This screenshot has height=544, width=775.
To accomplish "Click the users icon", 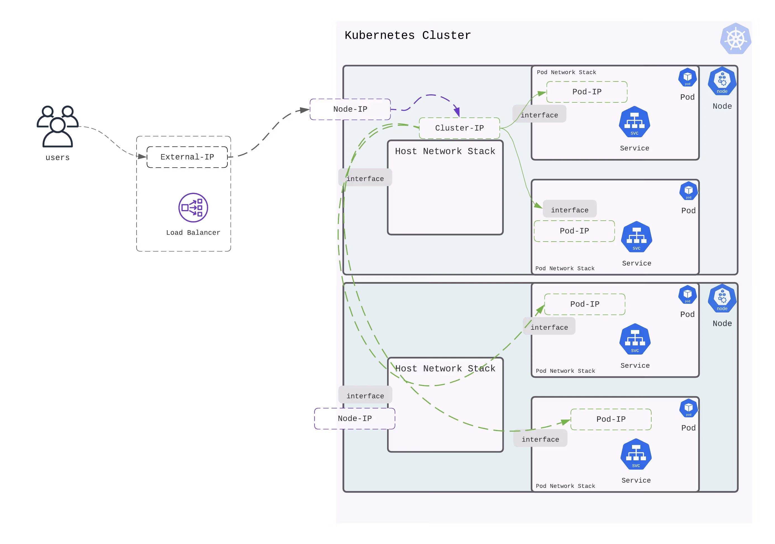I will [x=57, y=127].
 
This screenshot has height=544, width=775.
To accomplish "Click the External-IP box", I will [x=187, y=157].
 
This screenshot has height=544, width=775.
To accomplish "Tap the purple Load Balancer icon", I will [x=193, y=207].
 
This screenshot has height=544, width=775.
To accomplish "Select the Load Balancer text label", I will [x=193, y=233].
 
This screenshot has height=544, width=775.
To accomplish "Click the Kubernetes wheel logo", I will [x=736, y=39].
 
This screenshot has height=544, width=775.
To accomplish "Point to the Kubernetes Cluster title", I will [x=407, y=35].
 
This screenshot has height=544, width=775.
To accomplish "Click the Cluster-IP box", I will [x=459, y=128].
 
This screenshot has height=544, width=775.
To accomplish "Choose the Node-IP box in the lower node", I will [x=354, y=418].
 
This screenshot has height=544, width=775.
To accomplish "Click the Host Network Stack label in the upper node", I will [x=445, y=151].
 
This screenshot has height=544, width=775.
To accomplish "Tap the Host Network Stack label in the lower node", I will [x=445, y=369].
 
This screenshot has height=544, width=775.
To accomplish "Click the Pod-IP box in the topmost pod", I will [x=587, y=92].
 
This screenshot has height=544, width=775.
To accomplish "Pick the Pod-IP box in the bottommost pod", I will [x=611, y=419].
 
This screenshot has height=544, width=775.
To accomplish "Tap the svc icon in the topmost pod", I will [x=634, y=122].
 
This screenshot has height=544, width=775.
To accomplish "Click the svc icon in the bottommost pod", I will [x=636, y=454].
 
